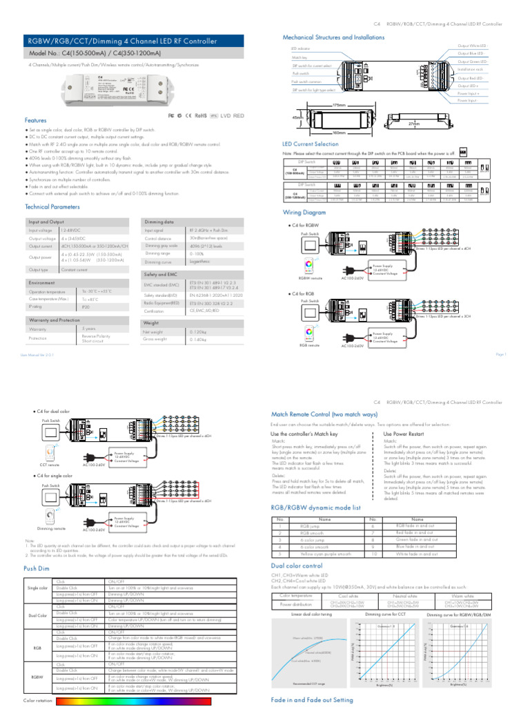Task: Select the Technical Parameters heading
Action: pyautogui.click(x=52, y=206)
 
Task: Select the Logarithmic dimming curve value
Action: pyautogui.click(x=204, y=262)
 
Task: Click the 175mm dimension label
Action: pyautogui.click(x=338, y=105)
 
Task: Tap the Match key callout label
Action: pyautogui.click(x=300, y=57)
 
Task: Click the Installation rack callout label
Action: pyautogui.click(x=470, y=69)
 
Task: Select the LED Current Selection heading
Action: pyautogui.click(x=311, y=144)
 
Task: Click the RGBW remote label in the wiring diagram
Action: pyautogui.click(x=308, y=278)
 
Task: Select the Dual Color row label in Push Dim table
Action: pyautogui.click(x=37, y=615)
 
